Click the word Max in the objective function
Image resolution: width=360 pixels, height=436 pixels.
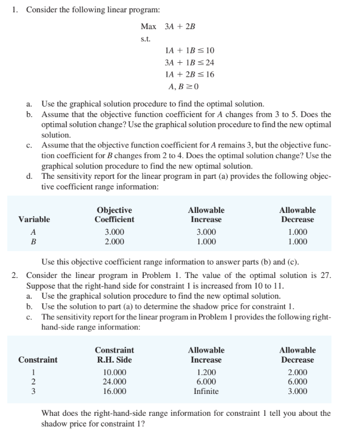(148, 26)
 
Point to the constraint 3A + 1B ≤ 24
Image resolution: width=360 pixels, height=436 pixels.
(187, 62)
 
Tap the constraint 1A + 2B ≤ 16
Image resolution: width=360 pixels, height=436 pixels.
(187, 74)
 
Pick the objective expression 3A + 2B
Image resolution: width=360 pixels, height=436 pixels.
(180, 26)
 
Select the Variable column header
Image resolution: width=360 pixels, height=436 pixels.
(34, 219)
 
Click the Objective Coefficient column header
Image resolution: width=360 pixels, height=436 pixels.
(114, 215)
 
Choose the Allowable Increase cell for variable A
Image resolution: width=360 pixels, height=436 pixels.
(205, 232)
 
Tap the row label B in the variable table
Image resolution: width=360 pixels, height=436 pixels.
(34, 242)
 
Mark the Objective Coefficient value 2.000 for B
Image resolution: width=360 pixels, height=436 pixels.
(115, 242)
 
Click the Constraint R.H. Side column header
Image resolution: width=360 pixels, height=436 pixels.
(114, 355)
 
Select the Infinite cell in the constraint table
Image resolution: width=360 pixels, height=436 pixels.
(205, 392)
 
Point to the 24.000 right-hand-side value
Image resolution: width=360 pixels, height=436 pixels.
(115, 382)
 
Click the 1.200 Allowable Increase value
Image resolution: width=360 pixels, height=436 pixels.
(205, 372)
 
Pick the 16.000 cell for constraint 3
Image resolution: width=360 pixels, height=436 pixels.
(115, 392)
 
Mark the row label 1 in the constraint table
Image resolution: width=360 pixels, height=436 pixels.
(34, 372)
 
